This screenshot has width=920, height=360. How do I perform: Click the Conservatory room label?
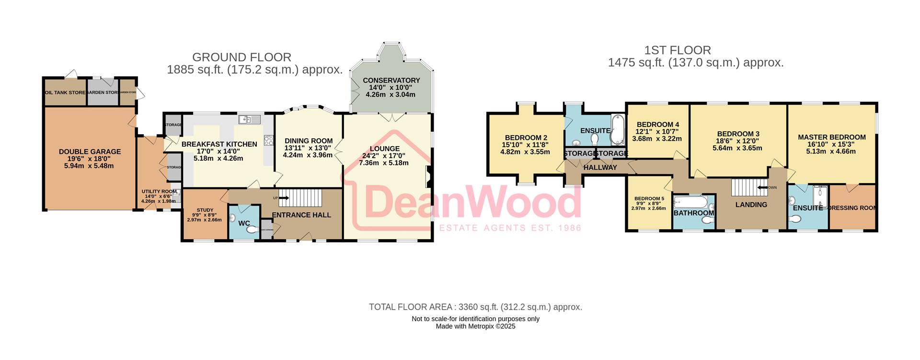click(391, 80)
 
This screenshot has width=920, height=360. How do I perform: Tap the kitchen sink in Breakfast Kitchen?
click(249, 119)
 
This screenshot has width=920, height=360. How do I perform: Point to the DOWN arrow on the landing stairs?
click(765, 187)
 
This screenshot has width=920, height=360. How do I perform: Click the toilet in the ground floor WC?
click(251, 230)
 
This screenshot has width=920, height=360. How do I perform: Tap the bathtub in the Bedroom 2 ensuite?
click(617, 130)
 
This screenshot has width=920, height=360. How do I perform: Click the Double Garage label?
click(90, 151)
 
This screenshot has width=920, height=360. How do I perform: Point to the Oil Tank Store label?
click(65, 93)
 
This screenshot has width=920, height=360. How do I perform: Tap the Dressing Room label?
click(853, 208)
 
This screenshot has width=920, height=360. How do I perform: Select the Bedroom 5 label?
click(649, 198)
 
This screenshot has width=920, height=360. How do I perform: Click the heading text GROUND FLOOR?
click(241, 58)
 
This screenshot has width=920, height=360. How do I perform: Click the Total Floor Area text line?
click(475, 307)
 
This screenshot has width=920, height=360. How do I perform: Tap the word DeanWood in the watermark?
click(472, 202)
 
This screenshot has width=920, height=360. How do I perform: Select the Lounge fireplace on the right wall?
click(429, 177)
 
